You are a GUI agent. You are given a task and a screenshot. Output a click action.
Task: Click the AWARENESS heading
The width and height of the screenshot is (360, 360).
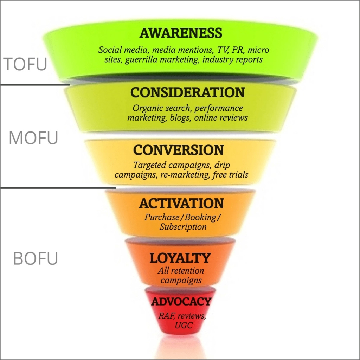pyautogui.click(x=181, y=33)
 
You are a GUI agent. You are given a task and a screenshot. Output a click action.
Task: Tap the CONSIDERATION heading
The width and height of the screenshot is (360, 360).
pyautogui.click(x=187, y=92)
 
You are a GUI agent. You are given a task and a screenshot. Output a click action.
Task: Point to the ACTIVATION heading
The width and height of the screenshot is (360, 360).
pyautogui.click(x=181, y=204)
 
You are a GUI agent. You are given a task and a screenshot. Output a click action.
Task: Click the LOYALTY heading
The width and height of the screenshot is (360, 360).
pyautogui.click(x=180, y=258)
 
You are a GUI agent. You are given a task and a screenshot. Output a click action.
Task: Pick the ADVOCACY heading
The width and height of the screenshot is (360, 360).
pyautogui.click(x=181, y=302)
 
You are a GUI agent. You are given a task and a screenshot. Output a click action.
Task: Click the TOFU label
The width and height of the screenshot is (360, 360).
pyautogui.click(x=25, y=64)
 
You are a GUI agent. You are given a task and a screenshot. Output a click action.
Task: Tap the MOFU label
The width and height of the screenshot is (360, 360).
pyautogui.click(x=33, y=138)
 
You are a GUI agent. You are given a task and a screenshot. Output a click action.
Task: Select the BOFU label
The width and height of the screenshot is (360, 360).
pyautogui.click(x=35, y=259)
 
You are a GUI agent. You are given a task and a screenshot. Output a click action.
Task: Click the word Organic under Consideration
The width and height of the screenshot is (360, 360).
pyautogui.click(x=146, y=108)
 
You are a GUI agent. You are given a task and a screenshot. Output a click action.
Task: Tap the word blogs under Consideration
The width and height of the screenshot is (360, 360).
pyautogui.click(x=179, y=117)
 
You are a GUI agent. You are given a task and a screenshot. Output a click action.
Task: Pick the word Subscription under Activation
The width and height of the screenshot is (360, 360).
pyautogui.click(x=183, y=227)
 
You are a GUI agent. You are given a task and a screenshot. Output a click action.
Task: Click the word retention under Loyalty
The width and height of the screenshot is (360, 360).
pyautogui.click(x=186, y=271)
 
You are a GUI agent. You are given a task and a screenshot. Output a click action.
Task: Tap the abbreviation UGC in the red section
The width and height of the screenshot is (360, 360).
pyautogui.click(x=184, y=325)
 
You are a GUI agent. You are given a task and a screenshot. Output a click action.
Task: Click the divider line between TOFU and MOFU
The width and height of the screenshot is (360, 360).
pyautogui.click(x=34, y=85)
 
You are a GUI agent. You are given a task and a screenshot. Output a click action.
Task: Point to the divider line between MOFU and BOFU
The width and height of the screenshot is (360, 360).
pyautogui.click(x=58, y=188)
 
